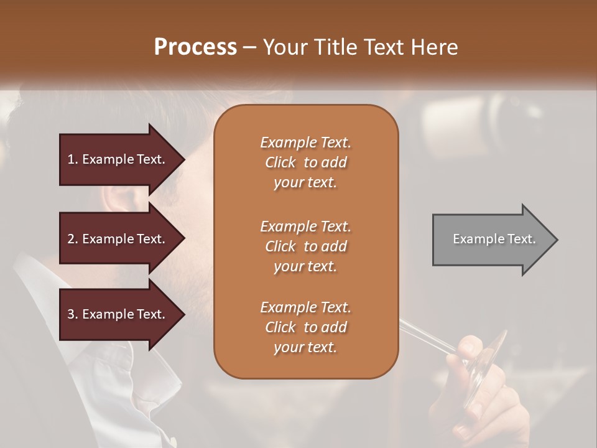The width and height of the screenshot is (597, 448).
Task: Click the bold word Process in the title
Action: click(x=195, y=47)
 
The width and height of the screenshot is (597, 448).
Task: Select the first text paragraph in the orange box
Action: click(x=305, y=162)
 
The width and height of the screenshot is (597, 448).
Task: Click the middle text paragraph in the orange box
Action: click(x=305, y=246)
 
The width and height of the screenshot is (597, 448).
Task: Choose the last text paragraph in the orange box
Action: click(x=305, y=327)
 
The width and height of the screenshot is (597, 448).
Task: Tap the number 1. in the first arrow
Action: click(x=73, y=159)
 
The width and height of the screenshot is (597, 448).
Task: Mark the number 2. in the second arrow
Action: click(x=73, y=239)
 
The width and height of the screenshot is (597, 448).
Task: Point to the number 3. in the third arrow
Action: click(x=73, y=314)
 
